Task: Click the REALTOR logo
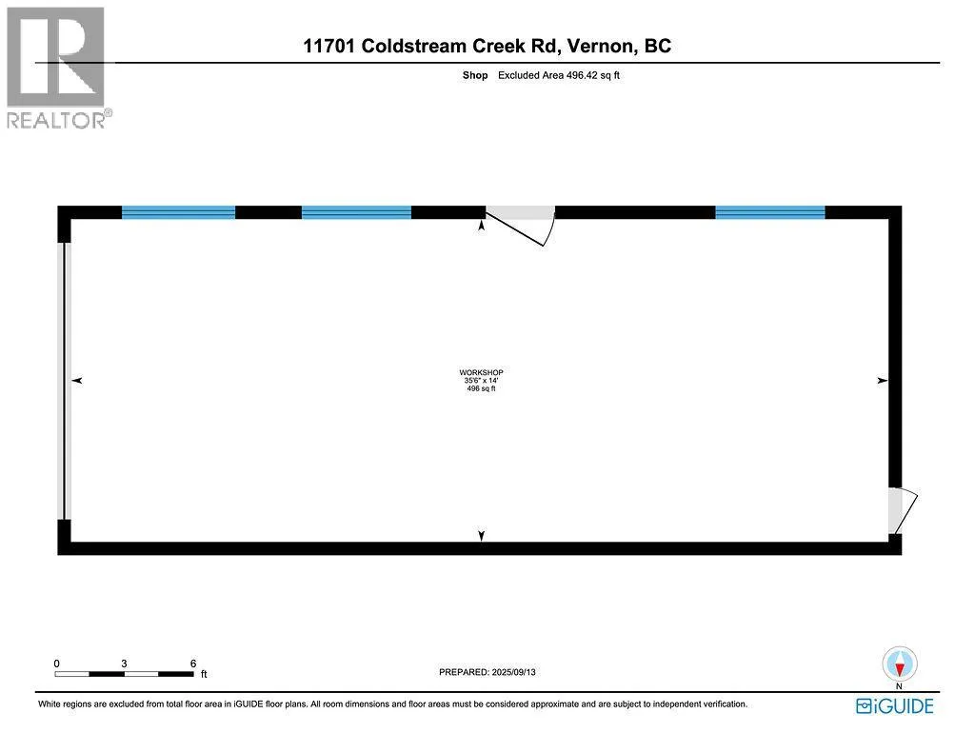coord(58,68)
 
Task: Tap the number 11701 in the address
coord(328,46)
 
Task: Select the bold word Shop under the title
coord(475,75)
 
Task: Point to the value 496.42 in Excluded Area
coord(582,75)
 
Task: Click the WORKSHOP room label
coord(481,372)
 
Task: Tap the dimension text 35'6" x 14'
coord(481,381)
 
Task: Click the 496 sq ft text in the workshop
coord(481,388)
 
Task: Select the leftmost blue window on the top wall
coord(178,212)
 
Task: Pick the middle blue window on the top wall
coord(356,212)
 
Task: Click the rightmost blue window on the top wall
coord(769,212)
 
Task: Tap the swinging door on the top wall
coord(520,225)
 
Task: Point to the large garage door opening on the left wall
coord(64,381)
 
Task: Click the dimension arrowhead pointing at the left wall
coord(77,381)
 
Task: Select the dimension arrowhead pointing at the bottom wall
coord(481,535)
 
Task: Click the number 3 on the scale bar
coord(125,664)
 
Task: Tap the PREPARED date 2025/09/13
coord(513,672)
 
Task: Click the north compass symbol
coord(899,664)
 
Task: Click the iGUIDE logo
coord(895,706)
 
